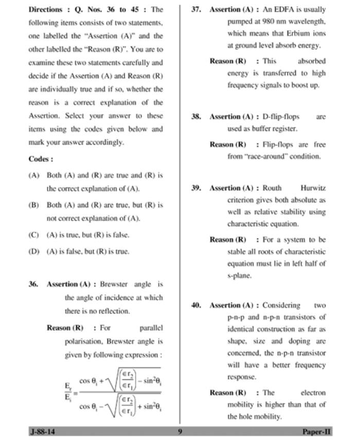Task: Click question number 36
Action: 34,284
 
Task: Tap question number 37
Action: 196,9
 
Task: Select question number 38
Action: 196,117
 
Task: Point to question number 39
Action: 196,188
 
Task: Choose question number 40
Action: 196,305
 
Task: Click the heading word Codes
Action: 40,159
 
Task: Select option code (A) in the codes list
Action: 34,175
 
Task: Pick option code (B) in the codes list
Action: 34,205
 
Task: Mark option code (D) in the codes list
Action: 34,251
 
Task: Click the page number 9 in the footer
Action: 180,432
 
